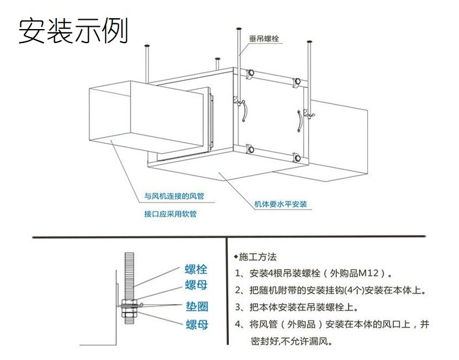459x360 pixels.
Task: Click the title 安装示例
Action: [x=73, y=30]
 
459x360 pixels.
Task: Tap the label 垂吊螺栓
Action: [x=264, y=39]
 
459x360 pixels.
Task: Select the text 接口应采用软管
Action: [x=170, y=213]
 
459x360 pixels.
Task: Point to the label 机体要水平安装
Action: [x=281, y=204]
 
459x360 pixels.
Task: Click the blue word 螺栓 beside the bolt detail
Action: [x=196, y=269]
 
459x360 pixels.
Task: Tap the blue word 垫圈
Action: [x=196, y=306]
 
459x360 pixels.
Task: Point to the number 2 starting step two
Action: [x=238, y=290]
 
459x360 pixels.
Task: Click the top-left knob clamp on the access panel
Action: [x=252, y=73]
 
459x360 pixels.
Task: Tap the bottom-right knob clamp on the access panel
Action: [x=296, y=157]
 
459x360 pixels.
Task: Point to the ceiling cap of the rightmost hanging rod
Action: [x=311, y=42]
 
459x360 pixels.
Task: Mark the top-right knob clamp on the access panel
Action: [x=297, y=81]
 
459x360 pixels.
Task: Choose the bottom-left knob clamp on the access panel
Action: [x=250, y=149]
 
